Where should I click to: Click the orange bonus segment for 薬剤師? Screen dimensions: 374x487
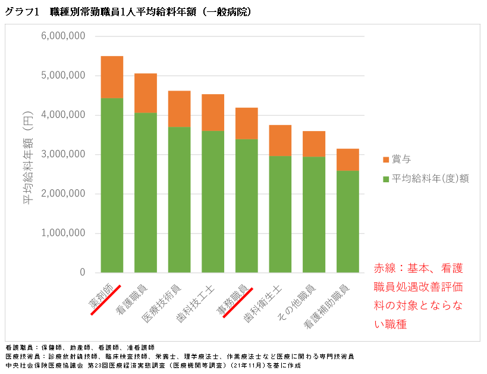[x=112, y=77]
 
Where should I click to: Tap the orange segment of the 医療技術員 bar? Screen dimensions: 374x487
[x=179, y=108]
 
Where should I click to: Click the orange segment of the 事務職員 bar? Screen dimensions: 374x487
[x=246, y=123]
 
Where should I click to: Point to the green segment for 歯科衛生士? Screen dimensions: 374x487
[x=280, y=214]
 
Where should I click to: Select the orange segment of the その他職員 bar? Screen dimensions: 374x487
[x=313, y=144]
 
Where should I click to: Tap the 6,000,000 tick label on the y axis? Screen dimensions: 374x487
[x=64, y=36]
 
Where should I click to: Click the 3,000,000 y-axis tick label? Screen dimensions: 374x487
[x=64, y=154]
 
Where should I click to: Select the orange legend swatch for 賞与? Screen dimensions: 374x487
[x=385, y=160]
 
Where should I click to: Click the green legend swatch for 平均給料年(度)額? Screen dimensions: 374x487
[x=385, y=179]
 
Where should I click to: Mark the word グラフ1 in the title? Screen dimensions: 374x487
[x=21, y=11]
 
